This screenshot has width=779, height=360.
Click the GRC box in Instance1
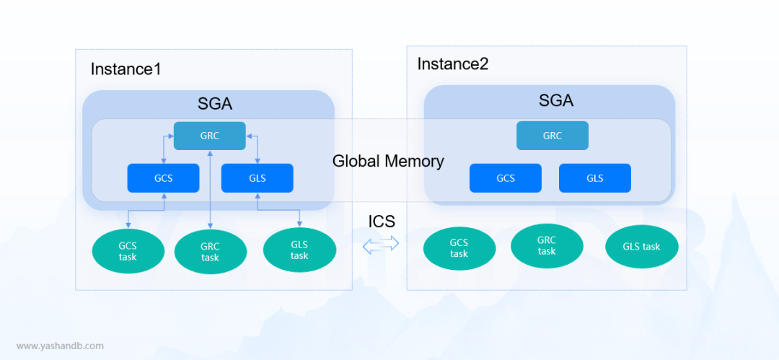(x=210, y=136)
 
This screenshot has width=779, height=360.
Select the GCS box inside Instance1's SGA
(x=164, y=178)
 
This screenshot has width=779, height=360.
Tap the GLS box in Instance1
(x=258, y=178)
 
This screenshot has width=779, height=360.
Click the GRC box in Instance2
(x=553, y=136)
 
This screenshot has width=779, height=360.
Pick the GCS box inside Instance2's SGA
(x=506, y=178)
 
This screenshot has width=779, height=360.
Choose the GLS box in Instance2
(x=595, y=178)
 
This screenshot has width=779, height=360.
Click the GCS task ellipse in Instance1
(x=128, y=250)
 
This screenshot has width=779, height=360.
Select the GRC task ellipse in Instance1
(x=211, y=252)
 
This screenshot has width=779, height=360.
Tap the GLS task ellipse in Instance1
(x=299, y=250)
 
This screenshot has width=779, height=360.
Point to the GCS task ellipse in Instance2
(x=459, y=248)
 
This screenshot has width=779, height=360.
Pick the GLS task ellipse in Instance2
(x=642, y=247)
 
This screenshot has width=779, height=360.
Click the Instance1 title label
(x=126, y=69)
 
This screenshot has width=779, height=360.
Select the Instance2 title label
(x=452, y=64)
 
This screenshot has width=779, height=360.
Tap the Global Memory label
(x=388, y=161)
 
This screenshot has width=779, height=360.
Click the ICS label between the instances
(x=382, y=221)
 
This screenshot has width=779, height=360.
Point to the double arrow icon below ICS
(x=381, y=244)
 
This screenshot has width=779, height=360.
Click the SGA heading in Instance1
(x=215, y=104)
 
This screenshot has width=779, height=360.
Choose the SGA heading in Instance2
(x=556, y=101)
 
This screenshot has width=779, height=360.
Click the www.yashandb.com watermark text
(x=60, y=346)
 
